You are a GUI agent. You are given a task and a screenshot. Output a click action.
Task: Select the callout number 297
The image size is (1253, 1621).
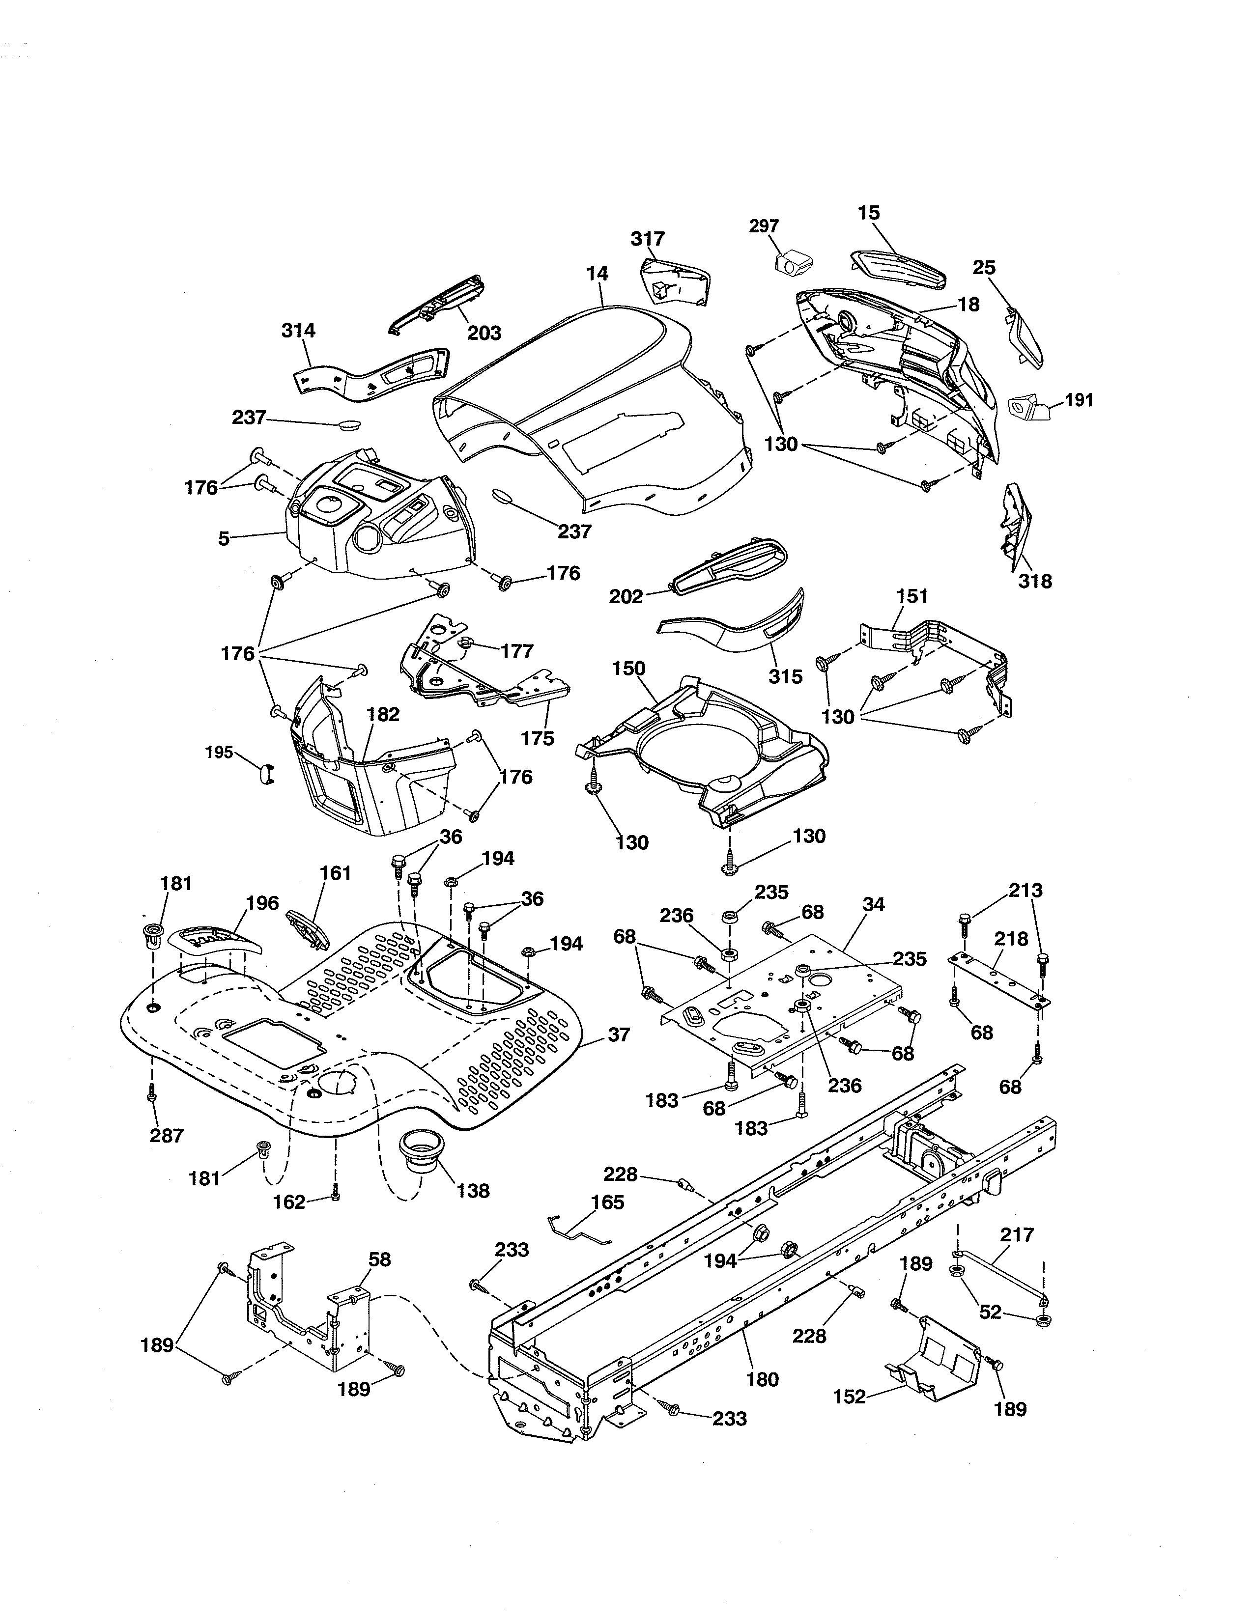point(764,225)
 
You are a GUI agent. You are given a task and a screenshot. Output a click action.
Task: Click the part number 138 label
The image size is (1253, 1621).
point(473,1191)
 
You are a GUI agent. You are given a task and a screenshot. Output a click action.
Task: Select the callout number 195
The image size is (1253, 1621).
point(219,753)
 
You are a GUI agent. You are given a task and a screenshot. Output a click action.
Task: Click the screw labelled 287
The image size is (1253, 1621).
point(152,1092)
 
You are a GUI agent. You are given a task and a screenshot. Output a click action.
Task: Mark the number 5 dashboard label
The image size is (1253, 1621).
point(224,539)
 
